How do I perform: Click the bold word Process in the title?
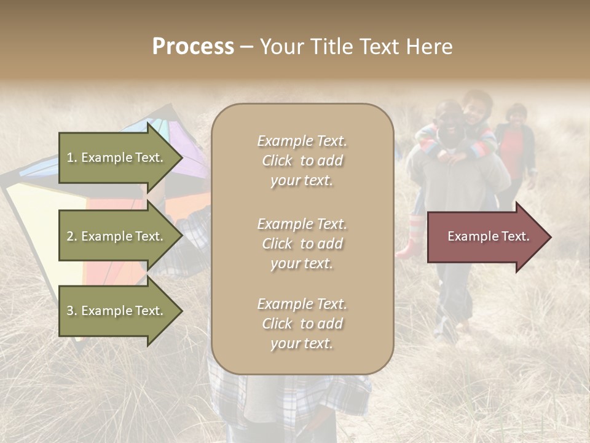(x=193, y=47)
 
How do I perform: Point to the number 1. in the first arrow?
(x=71, y=158)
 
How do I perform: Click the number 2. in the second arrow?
(x=71, y=237)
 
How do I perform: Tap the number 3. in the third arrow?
(x=71, y=311)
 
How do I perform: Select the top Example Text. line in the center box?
(x=302, y=141)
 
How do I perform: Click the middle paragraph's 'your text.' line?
(x=302, y=263)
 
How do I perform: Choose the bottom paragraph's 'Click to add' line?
(x=302, y=324)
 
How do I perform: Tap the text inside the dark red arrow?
(x=488, y=236)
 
